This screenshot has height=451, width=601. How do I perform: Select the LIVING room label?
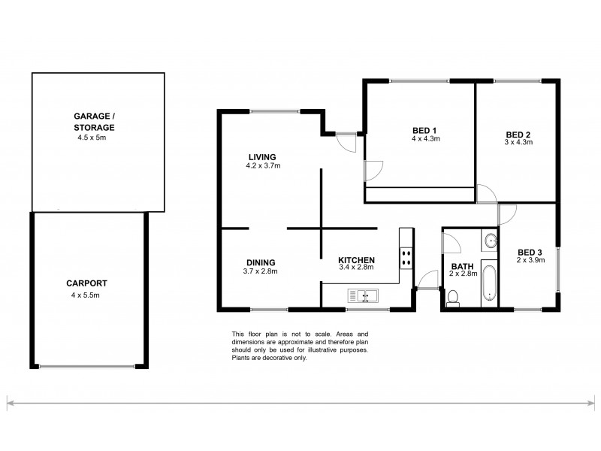(x=259, y=157)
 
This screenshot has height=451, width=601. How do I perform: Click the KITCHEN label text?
(x=357, y=260)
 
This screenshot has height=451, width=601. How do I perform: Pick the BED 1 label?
(x=424, y=129)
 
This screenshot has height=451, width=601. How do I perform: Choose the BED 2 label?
(x=518, y=134)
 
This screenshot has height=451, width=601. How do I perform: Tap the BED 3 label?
(x=530, y=252)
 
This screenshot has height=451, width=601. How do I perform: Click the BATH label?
(x=461, y=266)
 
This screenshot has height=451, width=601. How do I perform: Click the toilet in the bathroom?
(x=453, y=298)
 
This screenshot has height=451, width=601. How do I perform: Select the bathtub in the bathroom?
(x=489, y=285)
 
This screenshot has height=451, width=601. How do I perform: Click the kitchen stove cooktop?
(x=406, y=258)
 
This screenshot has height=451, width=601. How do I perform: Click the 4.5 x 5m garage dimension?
(x=93, y=138)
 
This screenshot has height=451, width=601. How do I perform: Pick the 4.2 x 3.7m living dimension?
(x=259, y=166)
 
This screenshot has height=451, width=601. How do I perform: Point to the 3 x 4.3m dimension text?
(x=518, y=143)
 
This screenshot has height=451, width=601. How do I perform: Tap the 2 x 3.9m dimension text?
(x=530, y=261)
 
